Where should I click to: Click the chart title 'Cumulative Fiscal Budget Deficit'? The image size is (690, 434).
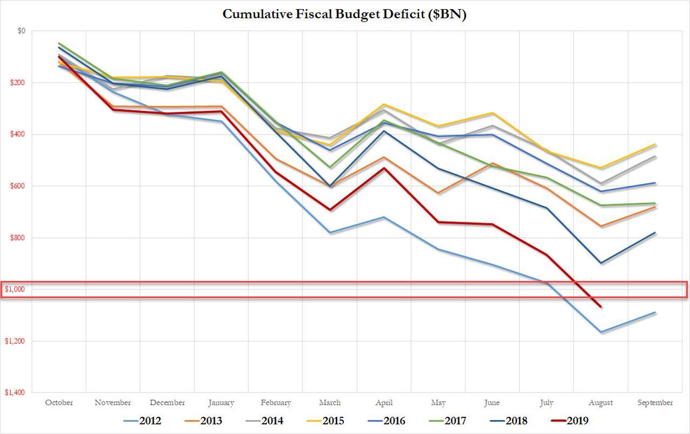click(x=344, y=15)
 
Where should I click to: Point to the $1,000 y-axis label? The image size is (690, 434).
click(x=15, y=289)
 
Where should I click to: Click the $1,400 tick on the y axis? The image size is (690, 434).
click(x=15, y=393)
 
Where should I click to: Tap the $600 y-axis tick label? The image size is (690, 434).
click(x=18, y=186)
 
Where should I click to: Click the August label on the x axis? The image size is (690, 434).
click(x=601, y=402)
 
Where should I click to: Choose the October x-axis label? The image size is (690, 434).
click(x=59, y=402)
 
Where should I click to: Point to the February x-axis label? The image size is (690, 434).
click(x=275, y=402)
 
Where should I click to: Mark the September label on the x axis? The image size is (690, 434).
click(x=655, y=402)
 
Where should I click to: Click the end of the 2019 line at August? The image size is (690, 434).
click(x=601, y=307)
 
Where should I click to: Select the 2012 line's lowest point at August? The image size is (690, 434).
click(x=601, y=332)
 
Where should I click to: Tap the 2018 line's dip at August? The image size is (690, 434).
click(x=601, y=263)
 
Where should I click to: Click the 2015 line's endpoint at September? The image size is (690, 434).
click(x=655, y=144)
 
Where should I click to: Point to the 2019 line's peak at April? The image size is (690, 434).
click(x=384, y=168)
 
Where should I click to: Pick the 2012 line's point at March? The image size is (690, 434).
click(x=330, y=233)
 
